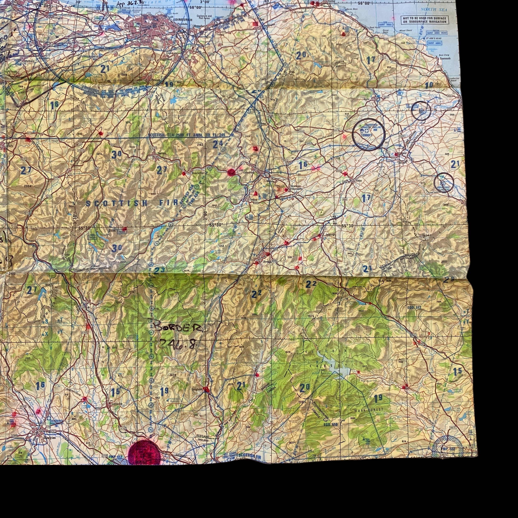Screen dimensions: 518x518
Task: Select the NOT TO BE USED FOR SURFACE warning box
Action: point(424,20)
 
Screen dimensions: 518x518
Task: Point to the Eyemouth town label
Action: point(445,58)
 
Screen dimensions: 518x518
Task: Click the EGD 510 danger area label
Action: point(330,424)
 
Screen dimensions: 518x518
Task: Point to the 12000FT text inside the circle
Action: point(367,135)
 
